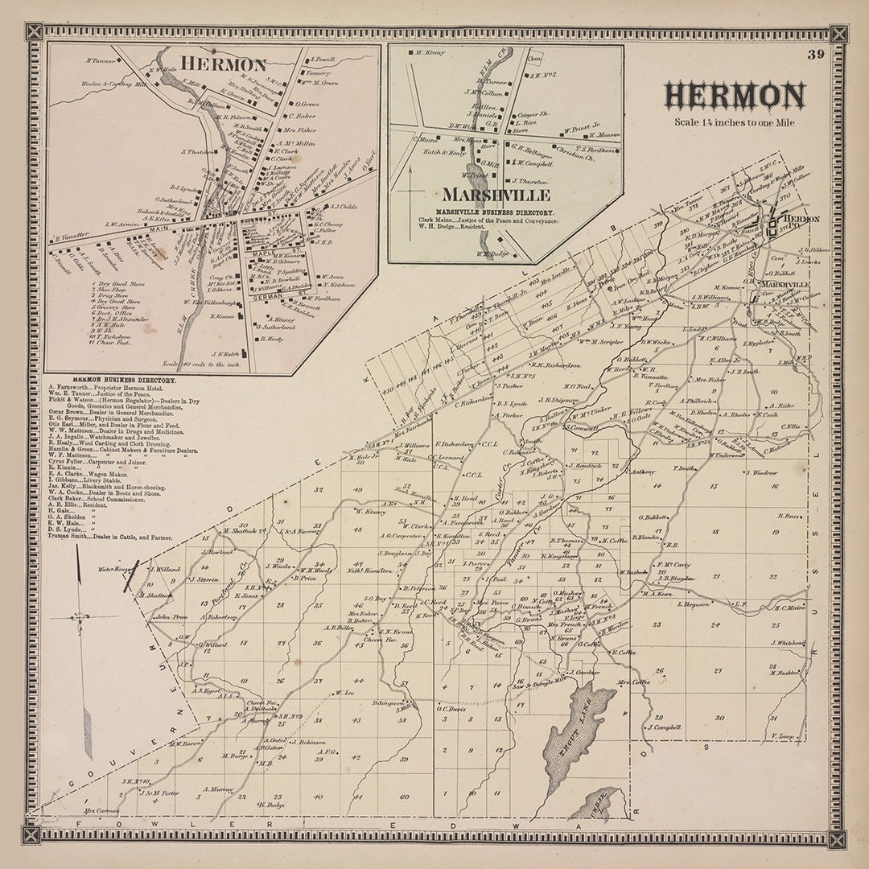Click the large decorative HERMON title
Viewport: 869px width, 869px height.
coord(734,97)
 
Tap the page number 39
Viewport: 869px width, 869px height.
coord(816,55)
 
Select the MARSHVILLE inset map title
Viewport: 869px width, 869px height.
coord(496,195)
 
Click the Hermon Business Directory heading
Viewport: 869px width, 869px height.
coord(123,380)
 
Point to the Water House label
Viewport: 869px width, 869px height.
coord(114,569)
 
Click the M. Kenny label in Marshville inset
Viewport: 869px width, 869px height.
coord(430,52)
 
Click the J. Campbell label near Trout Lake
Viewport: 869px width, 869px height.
coord(665,727)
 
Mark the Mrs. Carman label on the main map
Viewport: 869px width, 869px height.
coord(100,810)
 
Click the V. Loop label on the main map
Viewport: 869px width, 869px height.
coord(783,735)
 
